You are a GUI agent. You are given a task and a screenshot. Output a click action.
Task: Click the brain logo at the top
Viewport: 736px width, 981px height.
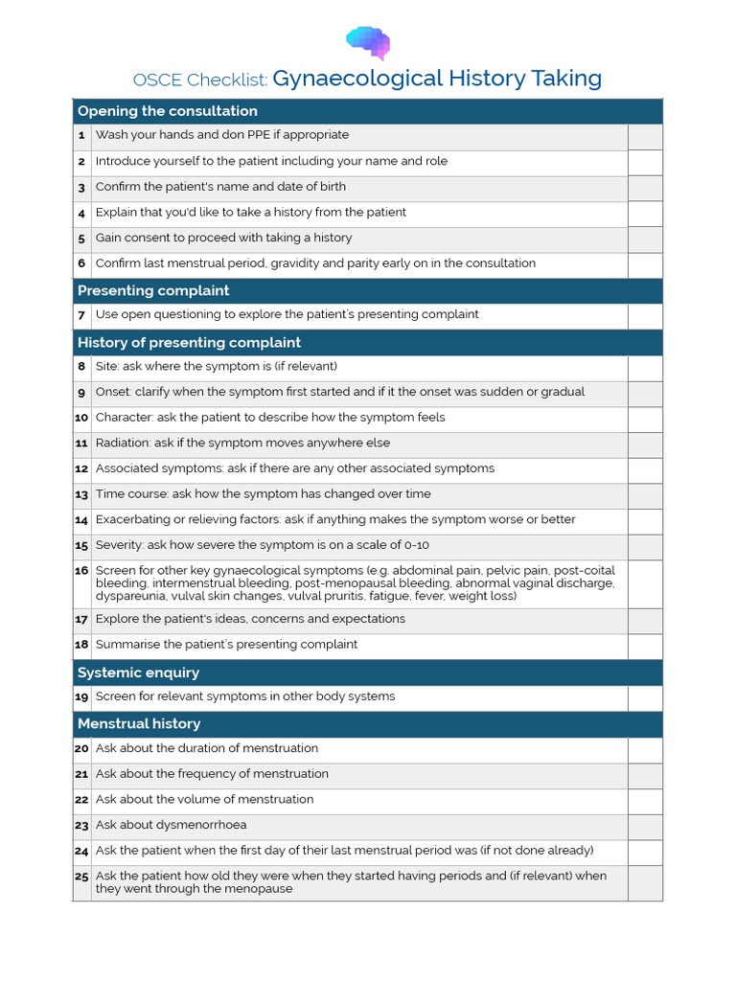[x=368, y=41]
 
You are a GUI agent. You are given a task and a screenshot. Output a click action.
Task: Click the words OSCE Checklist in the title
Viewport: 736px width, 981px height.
[x=200, y=79]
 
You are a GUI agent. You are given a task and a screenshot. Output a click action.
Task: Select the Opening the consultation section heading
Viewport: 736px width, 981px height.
[x=167, y=111]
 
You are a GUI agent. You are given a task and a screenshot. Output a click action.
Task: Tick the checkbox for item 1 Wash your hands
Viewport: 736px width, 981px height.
[x=645, y=136]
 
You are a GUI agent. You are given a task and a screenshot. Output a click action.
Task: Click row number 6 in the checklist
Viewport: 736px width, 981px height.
[x=82, y=263]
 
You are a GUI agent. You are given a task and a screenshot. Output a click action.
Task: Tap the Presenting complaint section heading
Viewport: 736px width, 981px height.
[x=153, y=290]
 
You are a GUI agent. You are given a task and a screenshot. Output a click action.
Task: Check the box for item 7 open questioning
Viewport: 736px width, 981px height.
[x=645, y=315]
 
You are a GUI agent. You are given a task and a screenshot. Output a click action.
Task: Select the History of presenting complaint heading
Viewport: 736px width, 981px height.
[x=189, y=342]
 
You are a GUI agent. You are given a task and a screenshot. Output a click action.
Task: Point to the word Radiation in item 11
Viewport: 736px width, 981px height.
[x=122, y=443]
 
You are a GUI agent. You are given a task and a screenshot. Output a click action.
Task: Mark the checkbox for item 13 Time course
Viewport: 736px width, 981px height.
[x=645, y=494]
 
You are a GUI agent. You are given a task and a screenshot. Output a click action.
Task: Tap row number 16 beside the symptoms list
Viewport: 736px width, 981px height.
[x=81, y=570]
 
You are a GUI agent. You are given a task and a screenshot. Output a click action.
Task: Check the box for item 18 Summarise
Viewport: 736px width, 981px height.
[x=645, y=645]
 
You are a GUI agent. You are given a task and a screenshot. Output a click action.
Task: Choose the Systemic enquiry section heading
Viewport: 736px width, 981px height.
[x=140, y=673]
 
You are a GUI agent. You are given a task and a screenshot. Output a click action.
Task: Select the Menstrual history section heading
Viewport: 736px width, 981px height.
[x=139, y=723]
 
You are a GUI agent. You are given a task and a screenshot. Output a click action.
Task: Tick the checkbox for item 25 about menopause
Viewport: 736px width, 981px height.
[x=645, y=882]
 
